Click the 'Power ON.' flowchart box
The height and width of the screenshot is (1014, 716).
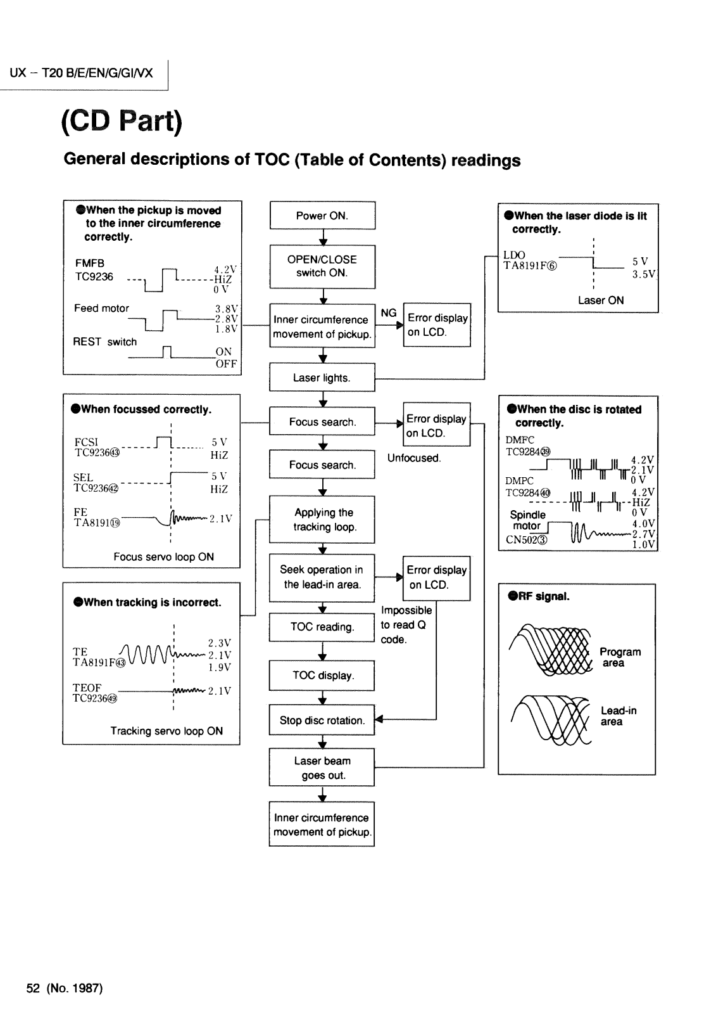pos(322,215)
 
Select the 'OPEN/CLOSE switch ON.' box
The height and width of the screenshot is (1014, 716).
pos(322,267)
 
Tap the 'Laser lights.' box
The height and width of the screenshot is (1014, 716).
pos(322,377)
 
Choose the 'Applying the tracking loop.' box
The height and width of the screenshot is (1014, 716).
pos(322,519)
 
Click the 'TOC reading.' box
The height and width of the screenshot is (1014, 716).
pos(322,627)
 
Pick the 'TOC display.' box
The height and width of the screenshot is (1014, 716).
pos(322,676)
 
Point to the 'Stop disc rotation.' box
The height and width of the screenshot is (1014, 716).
pos(322,720)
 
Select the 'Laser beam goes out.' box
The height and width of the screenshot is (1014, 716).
pos(322,767)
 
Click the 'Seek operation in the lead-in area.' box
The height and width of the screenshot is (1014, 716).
pos(322,577)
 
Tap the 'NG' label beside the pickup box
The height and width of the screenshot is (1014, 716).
pos(389,313)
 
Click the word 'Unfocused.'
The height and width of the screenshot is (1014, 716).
pos(414,458)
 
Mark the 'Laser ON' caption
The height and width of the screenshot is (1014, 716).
pos(601,300)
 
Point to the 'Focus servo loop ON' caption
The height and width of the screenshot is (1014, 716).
pos(163,557)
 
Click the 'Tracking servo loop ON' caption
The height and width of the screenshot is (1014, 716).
pos(166,731)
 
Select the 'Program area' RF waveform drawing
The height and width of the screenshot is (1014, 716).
pos(551,650)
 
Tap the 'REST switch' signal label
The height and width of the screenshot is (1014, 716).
pos(104,342)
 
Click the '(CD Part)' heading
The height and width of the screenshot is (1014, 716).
pos(122,121)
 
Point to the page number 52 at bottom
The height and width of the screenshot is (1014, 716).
pos(33,988)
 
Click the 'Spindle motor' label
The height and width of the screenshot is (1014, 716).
pos(527,520)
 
